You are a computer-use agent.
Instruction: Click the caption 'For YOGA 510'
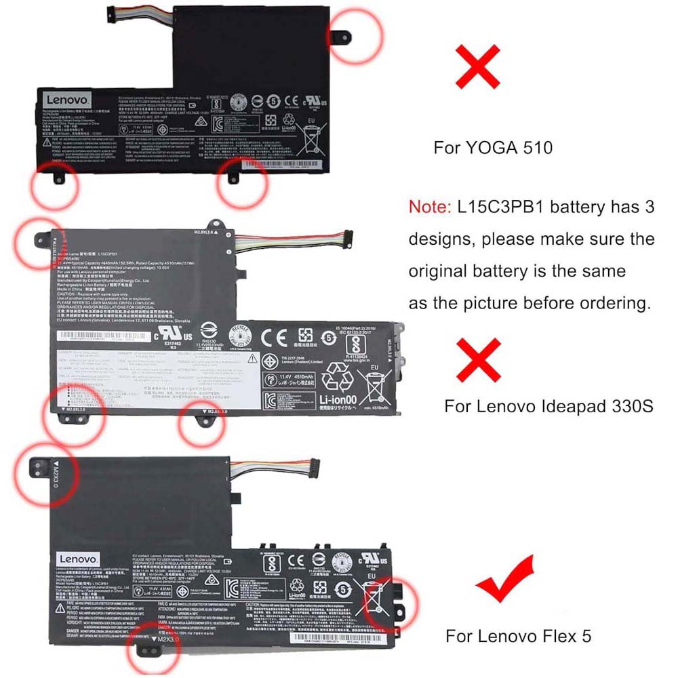pyautogui.click(x=493, y=147)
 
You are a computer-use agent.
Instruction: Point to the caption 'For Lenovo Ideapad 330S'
pyautogui.click(x=549, y=406)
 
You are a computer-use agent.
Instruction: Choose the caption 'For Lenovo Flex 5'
pyautogui.click(x=518, y=636)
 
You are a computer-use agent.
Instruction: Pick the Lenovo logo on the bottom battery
pyautogui.click(x=73, y=557)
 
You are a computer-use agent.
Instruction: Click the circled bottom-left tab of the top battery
pyautogui.click(x=56, y=179)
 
